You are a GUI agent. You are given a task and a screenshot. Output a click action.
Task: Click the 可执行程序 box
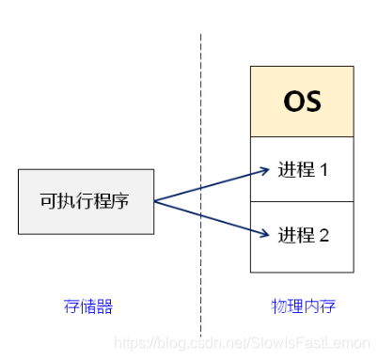(x=86, y=201)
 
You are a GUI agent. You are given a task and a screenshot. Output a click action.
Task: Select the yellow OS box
(x=302, y=102)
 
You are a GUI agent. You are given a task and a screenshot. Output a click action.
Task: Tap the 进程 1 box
(x=302, y=170)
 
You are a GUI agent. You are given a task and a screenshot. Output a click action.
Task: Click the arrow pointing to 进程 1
(x=212, y=186)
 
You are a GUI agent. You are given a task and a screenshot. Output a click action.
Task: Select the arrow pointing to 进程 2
(x=212, y=216)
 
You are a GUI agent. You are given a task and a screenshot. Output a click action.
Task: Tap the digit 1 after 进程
(x=324, y=170)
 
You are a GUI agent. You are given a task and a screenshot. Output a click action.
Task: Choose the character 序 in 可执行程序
(x=123, y=201)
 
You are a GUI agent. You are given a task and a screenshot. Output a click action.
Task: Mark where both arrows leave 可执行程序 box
(x=154, y=201)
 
